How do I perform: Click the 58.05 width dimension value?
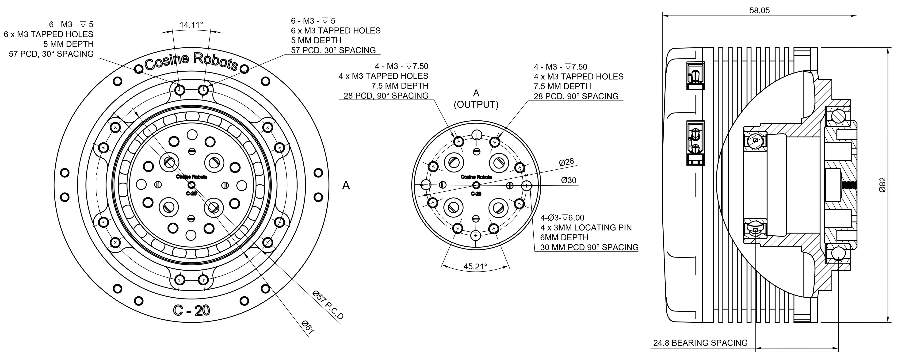pyautogui.click(x=759, y=11)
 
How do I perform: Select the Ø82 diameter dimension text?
pyautogui.click(x=882, y=185)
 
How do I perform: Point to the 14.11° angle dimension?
pyautogui.click(x=191, y=25)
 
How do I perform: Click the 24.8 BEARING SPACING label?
pyautogui.click(x=700, y=343)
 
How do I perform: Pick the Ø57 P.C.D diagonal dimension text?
pyautogui.click(x=328, y=305)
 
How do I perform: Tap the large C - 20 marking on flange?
pyautogui.click(x=191, y=310)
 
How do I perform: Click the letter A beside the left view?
pyautogui.click(x=346, y=185)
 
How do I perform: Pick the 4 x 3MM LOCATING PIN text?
pyautogui.click(x=586, y=227)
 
